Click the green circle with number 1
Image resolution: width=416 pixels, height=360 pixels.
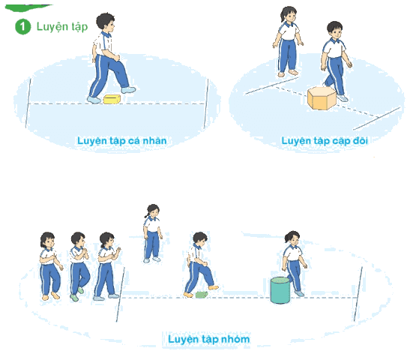(22, 26)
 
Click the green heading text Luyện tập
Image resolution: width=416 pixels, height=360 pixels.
(62, 27)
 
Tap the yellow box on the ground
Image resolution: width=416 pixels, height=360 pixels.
(112, 99)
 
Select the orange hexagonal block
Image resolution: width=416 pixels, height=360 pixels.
(322, 97)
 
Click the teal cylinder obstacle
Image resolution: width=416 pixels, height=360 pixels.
(280, 290)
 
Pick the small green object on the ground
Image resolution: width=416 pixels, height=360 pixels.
(202, 295)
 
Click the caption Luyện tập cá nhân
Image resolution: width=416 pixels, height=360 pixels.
(121, 141)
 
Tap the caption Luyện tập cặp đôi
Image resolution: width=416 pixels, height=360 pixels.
(325, 141)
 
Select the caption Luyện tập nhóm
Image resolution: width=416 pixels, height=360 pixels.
(209, 339)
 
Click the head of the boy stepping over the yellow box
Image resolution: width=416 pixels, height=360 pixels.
(106, 22)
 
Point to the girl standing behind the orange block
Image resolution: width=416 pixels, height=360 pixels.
(288, 42)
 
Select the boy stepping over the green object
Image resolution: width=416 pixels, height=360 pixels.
(200, 265)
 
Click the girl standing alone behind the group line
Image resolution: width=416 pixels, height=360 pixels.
(152, 233)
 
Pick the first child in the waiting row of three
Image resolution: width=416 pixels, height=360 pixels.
(50, 266)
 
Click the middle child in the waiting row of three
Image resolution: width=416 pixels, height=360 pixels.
(79, 266)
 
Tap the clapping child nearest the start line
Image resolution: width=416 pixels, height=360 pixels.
(107, 266)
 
